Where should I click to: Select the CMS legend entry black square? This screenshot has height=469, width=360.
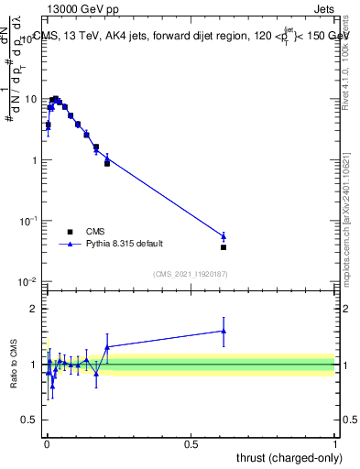70,232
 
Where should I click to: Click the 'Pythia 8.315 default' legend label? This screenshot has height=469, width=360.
125,244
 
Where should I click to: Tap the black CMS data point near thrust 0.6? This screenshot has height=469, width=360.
224,247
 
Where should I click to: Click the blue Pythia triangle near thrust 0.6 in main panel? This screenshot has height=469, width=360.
224,236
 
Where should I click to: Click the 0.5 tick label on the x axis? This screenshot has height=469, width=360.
191,443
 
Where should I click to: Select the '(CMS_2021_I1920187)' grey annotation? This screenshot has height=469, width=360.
191,273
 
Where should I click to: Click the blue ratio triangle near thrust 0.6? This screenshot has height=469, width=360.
224,331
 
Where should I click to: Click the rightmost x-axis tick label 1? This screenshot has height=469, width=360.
335,443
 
